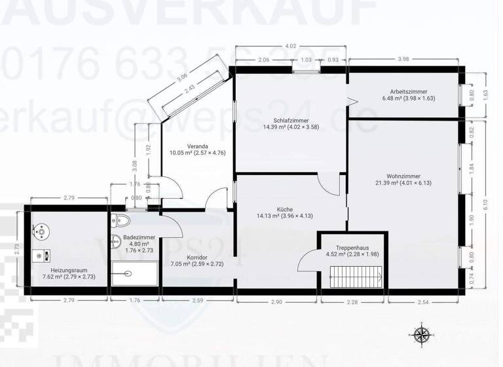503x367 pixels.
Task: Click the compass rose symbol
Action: coord(422,335)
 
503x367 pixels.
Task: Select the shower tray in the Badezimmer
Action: coord(134,273)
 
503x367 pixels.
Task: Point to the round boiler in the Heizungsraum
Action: coord(43,230)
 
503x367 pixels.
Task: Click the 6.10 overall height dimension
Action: coord(485,204)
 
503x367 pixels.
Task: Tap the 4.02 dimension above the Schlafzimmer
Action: coord(290,47)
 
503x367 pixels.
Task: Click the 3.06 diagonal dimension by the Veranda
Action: coord(183,77)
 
